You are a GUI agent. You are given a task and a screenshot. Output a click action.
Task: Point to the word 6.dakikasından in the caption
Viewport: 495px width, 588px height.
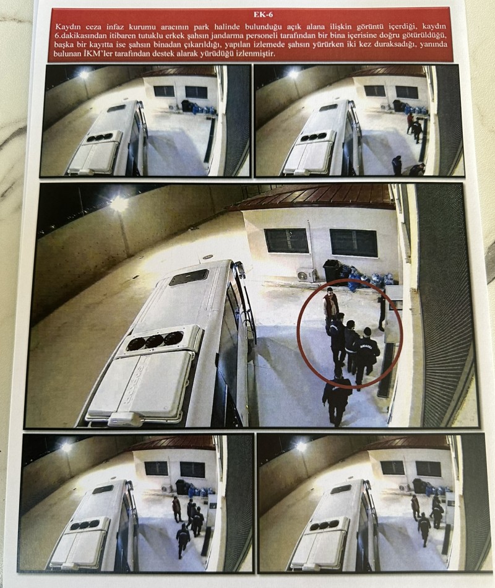(x=79, y=35)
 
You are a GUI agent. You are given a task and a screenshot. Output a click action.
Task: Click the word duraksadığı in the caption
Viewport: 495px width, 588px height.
(x=384, y=44)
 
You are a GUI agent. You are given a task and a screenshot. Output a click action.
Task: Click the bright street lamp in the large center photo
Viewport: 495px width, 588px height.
(x=119, y=203)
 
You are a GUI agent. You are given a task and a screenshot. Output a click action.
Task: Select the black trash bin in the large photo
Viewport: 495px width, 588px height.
(x=332, y=270)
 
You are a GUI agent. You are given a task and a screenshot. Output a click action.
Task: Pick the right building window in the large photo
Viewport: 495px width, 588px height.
(x=353, y=243)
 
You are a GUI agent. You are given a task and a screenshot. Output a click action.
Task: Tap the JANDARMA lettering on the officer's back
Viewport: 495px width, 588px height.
(x=365, y=343)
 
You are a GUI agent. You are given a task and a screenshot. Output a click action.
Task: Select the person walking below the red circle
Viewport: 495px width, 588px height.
(x=337, y=398)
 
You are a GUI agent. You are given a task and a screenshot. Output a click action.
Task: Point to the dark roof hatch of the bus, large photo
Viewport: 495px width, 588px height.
(x=189, y=277)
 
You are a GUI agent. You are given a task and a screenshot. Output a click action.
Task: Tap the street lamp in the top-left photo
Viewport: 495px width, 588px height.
(x=84, y=75)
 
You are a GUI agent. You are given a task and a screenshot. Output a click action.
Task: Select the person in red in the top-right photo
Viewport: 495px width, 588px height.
(x=410, y=123)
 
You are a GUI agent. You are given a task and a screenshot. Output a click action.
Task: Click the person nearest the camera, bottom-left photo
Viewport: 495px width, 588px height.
(x=183, y=541)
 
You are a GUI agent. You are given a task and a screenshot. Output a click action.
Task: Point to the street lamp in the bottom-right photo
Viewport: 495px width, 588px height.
(x=301, y=446)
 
